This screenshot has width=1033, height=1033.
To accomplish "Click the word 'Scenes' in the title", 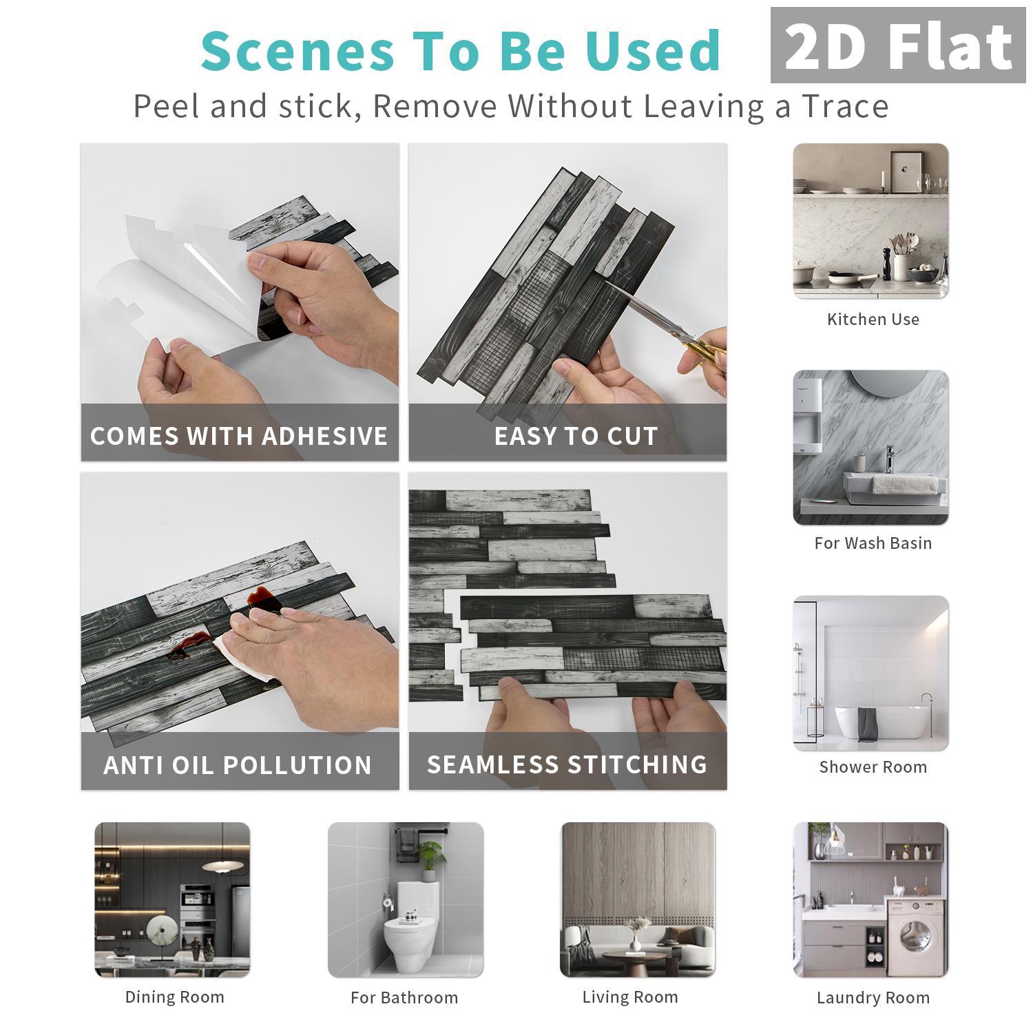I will tap(298, 50).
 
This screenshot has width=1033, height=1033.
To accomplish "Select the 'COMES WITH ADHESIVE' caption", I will tap(239, 436).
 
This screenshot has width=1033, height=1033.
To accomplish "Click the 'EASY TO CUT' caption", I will tap(576, 436).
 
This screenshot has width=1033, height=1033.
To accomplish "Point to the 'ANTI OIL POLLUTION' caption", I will tap(238, 765).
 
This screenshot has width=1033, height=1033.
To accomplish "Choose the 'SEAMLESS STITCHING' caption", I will tap(567, 764).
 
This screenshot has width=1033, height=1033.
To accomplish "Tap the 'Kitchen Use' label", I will tap(873, 320).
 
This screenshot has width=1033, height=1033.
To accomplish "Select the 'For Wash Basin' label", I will tap(873, 543).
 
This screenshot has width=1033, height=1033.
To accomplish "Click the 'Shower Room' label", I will tap(873, 767).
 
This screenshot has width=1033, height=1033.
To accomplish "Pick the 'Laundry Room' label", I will tap(873, 998).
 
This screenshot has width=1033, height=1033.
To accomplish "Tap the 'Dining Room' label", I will tap(174, 997).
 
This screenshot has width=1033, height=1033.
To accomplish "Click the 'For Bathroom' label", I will tap(404, 998).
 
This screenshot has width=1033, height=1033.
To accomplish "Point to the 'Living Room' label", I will tap(630, 997).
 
